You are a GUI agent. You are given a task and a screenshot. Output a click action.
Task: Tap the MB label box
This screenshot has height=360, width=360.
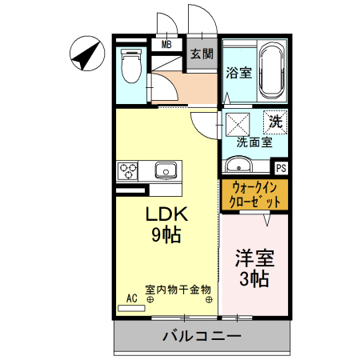click(166, 44)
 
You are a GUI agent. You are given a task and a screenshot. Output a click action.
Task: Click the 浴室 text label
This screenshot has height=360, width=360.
click(238, 72)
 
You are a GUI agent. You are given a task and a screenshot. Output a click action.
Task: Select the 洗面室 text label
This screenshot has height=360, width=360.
click(254, 142)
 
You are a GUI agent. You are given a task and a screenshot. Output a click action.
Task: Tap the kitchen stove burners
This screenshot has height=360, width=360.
click(128, 170)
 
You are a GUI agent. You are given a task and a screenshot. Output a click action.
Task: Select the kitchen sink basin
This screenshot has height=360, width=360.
click(166, 170)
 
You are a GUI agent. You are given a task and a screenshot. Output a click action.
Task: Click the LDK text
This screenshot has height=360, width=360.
click(166, 214)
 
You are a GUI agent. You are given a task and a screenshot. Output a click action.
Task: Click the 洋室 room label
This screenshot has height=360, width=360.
click(254, 259)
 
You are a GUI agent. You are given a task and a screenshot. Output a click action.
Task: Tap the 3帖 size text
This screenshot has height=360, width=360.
click(254, 279)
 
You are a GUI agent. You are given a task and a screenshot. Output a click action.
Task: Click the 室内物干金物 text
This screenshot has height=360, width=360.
click(178, 289)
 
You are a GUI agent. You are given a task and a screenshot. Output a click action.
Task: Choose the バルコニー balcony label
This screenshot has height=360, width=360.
click(202, 335)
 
